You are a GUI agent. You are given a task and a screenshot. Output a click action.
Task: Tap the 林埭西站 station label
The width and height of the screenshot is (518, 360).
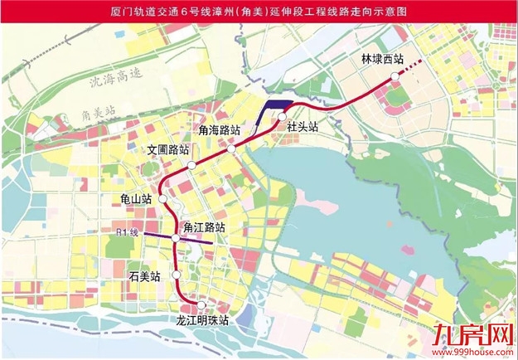point(382,60)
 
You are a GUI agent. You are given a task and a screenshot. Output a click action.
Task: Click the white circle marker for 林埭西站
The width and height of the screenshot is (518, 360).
point(395,75)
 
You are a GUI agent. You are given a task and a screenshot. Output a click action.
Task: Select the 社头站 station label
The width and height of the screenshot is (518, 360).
point(303,126)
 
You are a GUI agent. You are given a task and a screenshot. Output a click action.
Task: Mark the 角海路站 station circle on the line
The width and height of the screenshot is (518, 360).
point(233,148)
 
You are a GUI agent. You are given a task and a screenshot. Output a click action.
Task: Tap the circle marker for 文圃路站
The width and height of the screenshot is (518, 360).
point(191,166)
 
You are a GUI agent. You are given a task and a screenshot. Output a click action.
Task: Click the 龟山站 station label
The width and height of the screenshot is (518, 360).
point(135,199)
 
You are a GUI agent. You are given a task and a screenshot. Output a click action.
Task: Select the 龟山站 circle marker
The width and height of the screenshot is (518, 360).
point(163,200)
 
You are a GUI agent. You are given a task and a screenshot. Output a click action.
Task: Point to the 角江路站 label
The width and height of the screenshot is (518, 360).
point(204,226)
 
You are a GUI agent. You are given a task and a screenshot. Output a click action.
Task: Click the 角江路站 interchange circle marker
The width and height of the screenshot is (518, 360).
point(176,239)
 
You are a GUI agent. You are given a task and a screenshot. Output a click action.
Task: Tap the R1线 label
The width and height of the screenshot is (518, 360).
point(128,231)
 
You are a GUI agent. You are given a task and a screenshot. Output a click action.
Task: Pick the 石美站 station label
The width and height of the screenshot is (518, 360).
point(146,274)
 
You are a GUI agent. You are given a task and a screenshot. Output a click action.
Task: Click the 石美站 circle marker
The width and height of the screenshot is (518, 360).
point(176,275)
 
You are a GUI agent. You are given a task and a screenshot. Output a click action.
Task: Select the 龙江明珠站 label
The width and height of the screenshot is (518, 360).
point(202,319)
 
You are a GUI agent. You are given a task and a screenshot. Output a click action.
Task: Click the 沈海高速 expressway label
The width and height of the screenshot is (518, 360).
point(116,80)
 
